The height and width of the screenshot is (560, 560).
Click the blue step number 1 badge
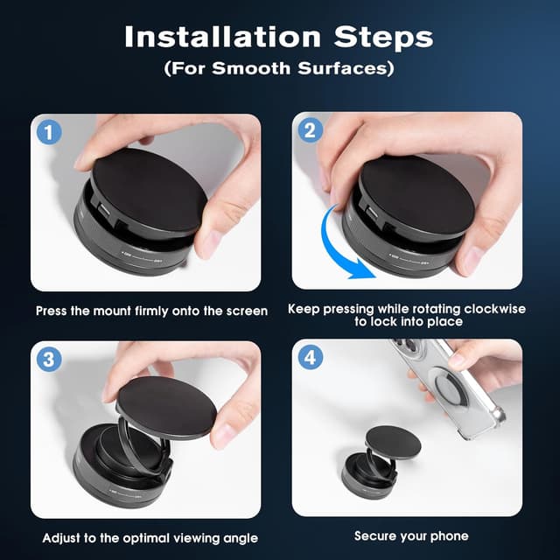[x=49, y=132]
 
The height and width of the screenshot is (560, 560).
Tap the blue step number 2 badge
[x=310, y=130]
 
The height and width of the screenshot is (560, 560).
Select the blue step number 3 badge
[x=49, y=360]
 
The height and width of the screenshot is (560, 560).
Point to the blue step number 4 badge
[x=310, y=357]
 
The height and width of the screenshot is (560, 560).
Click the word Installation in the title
[x=223, y=37]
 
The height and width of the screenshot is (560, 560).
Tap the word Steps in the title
[x=383, y=37]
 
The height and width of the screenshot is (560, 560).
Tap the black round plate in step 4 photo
[x=393, y=442]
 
